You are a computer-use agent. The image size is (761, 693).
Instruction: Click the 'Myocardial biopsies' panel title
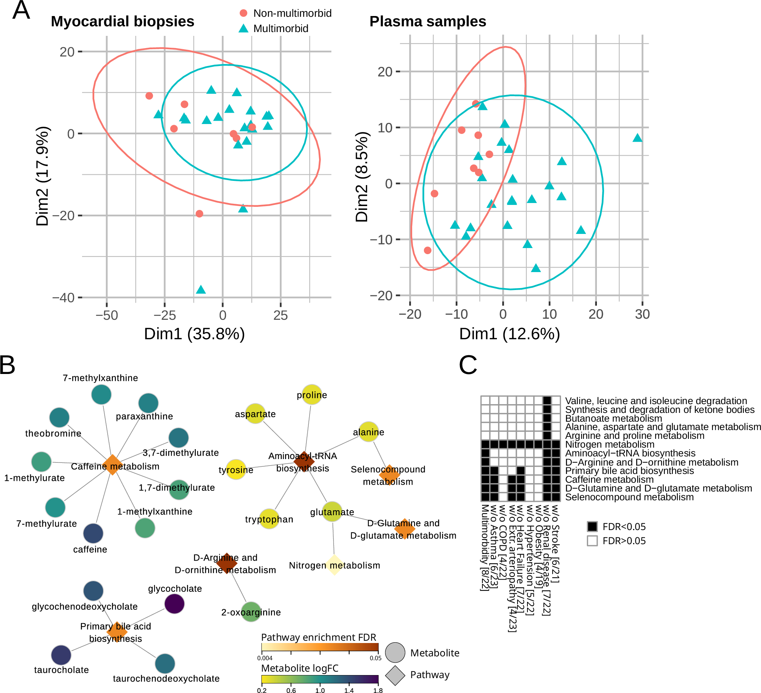(x=123, y=21)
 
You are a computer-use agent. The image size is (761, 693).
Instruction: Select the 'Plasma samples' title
(x=427, y=21)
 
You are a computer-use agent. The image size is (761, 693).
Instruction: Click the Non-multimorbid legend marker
(x=243, y=13)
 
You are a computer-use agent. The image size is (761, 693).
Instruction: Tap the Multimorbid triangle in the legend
(x=243, y=29)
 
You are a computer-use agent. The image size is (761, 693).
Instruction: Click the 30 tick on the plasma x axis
(x=642, y=314)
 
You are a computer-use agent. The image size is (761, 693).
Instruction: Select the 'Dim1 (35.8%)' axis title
(x=194, y=334)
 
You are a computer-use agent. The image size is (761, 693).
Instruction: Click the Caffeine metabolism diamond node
(x=112, y=464)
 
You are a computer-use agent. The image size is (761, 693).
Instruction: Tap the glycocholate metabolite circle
(x=174, y=604)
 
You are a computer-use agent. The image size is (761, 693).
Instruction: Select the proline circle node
(x=312, y=395)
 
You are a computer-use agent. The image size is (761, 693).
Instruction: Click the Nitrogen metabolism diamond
(x=334, y=565)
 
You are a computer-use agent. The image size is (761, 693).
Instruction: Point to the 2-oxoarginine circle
(x=251, y=612)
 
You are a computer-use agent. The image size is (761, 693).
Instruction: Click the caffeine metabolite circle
(x=93, y=533)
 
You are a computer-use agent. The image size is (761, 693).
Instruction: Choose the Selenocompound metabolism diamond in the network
(x=389, y=475)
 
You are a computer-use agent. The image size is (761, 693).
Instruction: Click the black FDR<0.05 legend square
(x=592, y=527)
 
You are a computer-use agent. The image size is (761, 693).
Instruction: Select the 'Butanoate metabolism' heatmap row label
(x=613, y=418)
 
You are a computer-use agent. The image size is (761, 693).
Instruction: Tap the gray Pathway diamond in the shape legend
(x=395, y=675)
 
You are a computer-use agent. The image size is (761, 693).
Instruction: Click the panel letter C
(x=468, y=365)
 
